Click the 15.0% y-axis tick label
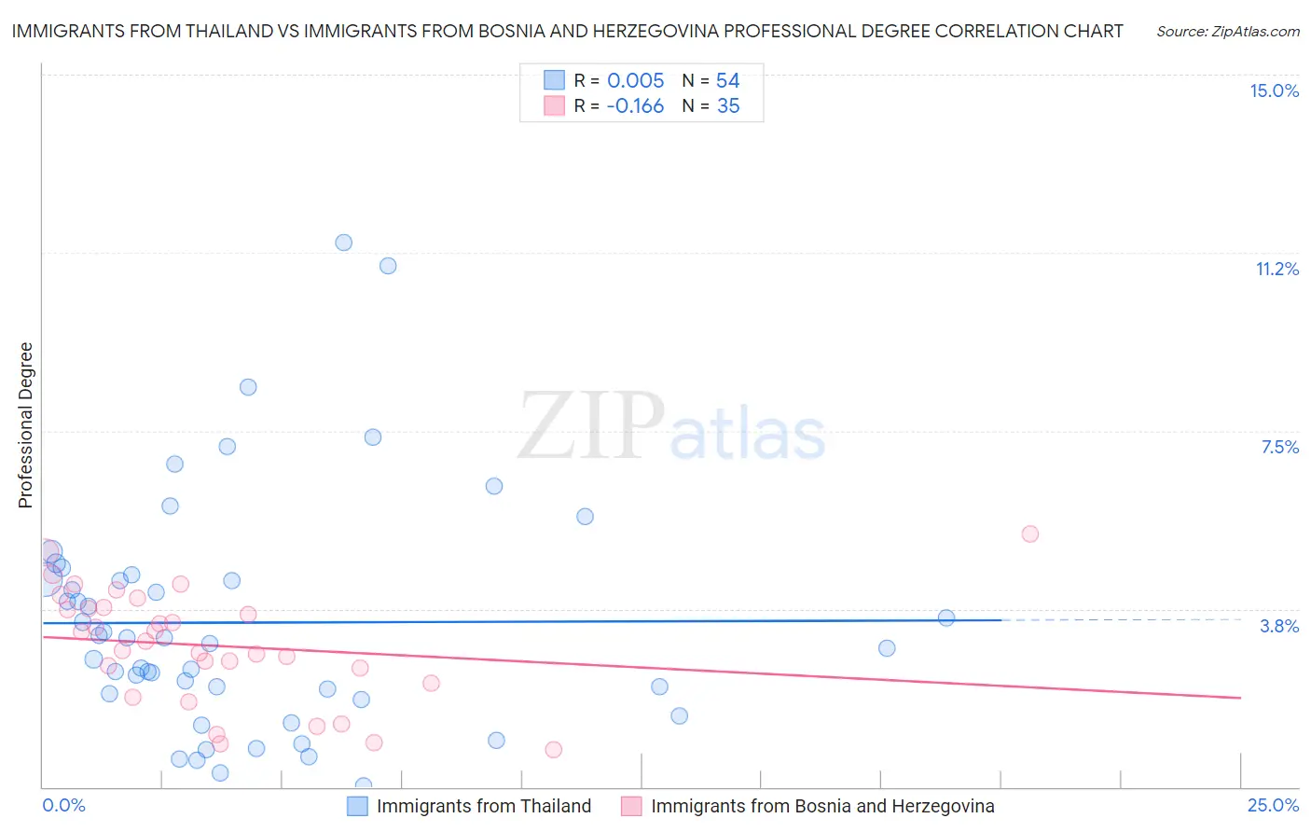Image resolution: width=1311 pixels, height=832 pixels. tap(1274, 90)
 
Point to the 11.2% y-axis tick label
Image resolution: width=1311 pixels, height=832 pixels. tap(1276, 269)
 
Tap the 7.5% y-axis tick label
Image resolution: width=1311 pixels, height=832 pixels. tap(1279, 447)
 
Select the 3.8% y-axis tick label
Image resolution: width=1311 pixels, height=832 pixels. tap(1279, 626)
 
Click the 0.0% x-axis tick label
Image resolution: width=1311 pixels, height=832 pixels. tap(63, 805)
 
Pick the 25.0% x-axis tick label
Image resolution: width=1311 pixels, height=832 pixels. tap(1273, 805)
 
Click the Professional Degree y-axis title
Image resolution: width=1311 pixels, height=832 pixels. tap(25, 425)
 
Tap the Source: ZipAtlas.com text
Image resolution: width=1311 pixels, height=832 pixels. tap(1227, 31)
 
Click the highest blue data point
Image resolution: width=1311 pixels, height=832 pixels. tap(343, 243)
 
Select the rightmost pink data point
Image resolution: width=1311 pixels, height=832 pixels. tap(1029, 534)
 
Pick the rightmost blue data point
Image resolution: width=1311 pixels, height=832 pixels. tap(945, 617)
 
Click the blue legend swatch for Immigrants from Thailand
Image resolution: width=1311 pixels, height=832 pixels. tap(357, 806)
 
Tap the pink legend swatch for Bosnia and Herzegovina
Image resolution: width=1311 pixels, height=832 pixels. tap(631, 806)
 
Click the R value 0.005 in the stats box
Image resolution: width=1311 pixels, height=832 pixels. tap(635, 80)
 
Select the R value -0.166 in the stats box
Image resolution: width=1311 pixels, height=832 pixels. tap(634, 106)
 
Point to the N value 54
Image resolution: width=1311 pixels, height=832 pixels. tap(727, 80)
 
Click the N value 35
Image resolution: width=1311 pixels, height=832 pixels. tap(727, 106)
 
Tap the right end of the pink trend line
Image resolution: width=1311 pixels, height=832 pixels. tap(1240, 698)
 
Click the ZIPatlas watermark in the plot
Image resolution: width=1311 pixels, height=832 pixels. tap(671, 427)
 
